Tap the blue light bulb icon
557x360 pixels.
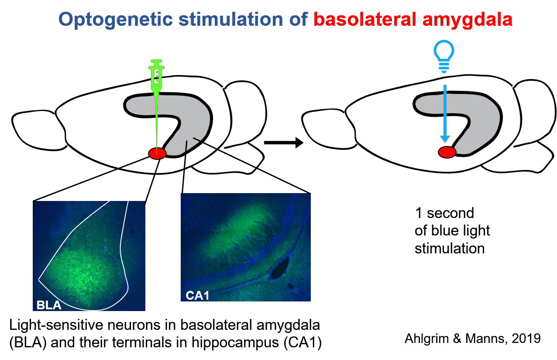(x=444, y=56)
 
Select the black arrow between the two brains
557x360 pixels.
(x=284, y=142)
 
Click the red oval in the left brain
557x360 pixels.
(x=157, y=153)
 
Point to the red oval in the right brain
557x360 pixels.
(x=447, y=152)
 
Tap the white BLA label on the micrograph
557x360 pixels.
(x=49, y=305)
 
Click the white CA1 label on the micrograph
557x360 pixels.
(x=197, y=296)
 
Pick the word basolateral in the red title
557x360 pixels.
(x=365, y=19)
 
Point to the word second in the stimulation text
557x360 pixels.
(x=450, y=213)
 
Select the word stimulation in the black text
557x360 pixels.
(x=450, y=249)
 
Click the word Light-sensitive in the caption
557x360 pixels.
(x=56, y=325)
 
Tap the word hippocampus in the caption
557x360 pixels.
(x=235, y=343)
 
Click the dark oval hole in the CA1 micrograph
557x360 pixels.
(x=280, y=268)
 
